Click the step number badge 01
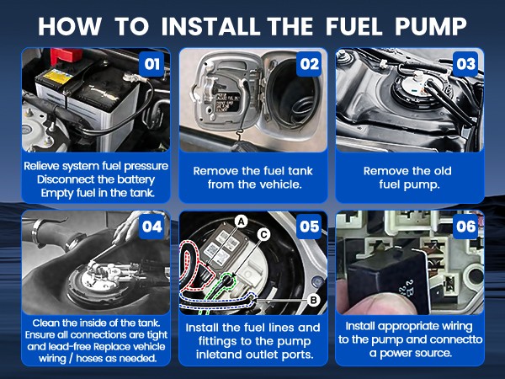tap(152, 64)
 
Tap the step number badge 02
tap(309, 64)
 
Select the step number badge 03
tap(465, 64)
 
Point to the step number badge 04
tap(152, 227)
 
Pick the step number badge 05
tap(309, 227)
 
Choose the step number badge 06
tap(465, 227)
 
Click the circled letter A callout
tap(241, 222)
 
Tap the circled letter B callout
tap(313, 300)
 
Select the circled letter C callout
tap(263, 235)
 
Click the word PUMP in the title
tap(431, 26)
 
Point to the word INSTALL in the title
tap(210, 26)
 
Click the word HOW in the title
tap(70, 26)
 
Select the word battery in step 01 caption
tap(136, 179)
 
